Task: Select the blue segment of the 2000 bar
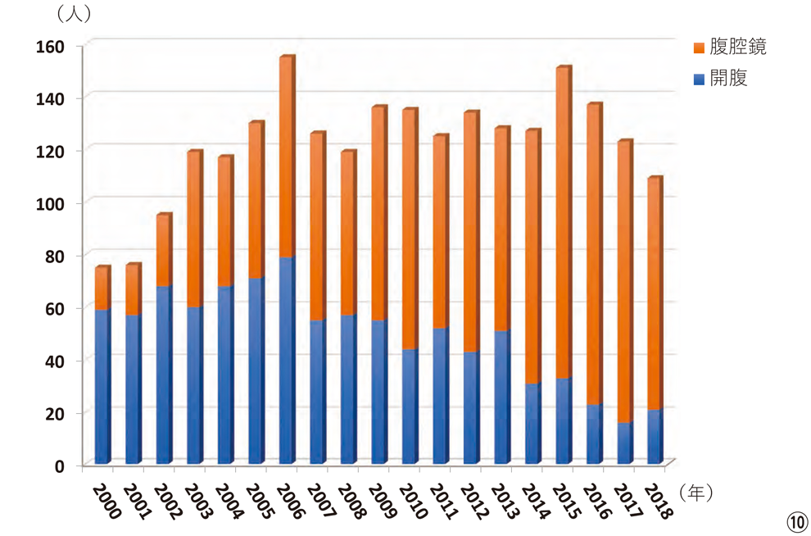point(102,385)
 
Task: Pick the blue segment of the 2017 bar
point(624,443)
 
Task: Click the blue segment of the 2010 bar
point(410,406)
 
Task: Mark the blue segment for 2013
point(501,397)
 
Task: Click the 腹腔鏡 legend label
point(738,47)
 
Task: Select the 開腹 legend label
point(728,79)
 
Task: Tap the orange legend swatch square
point(699,48)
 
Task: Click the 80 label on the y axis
point(54,256)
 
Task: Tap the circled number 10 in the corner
point(797,522)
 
